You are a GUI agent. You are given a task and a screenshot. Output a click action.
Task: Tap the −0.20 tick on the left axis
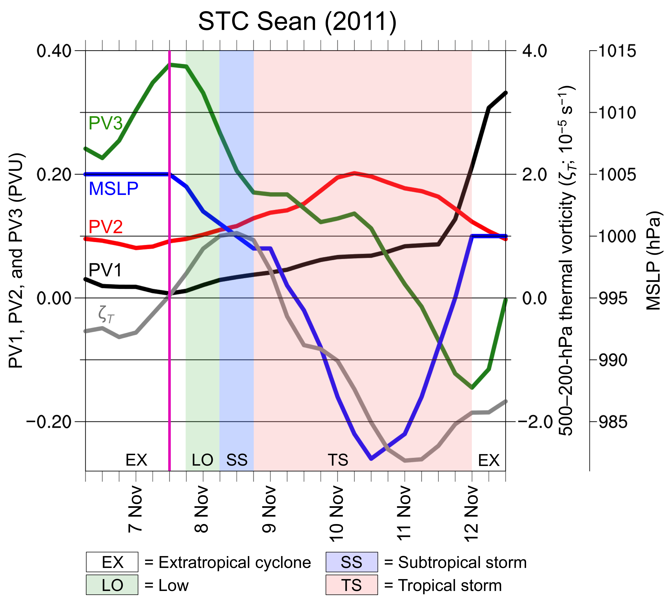pyautogui.click(x=49, y=422)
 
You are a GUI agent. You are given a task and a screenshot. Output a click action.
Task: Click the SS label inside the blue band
pyautogui.click(x=237, y=460)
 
